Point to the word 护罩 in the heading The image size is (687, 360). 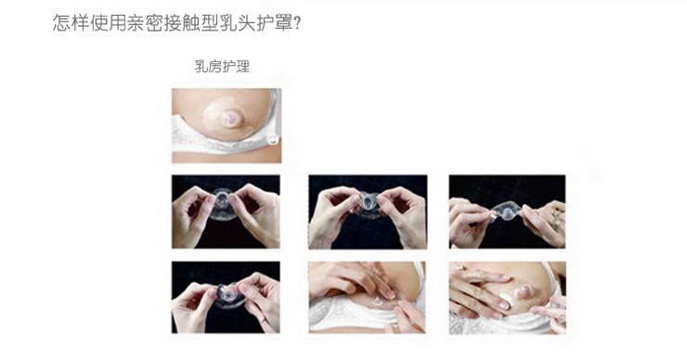[x=279, y=21]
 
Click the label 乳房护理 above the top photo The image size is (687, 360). [x=222, y=67]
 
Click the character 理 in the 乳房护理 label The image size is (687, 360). [x=242, y=67]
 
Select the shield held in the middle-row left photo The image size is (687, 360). [x=226, y=205]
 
